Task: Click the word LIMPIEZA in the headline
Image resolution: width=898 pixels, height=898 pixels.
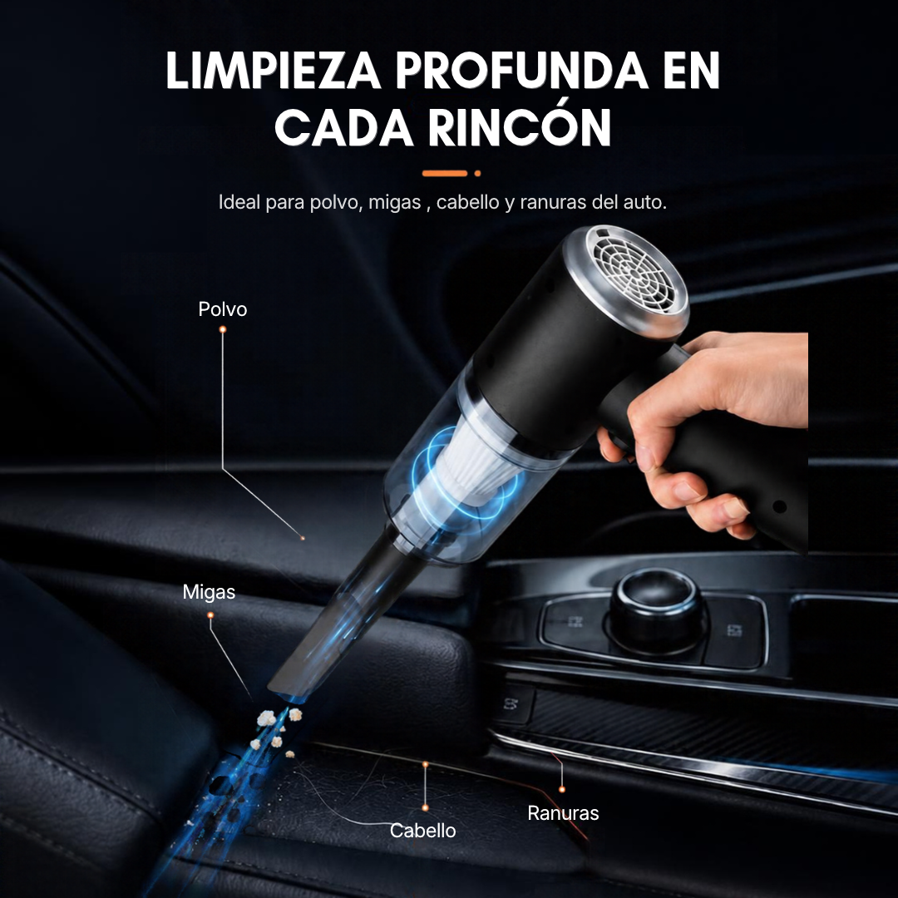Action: tap(274, 71)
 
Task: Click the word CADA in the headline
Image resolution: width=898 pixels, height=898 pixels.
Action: tap(343, 127)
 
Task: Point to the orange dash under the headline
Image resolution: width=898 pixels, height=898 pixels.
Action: tap(445, 173)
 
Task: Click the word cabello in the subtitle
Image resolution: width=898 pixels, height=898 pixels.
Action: tap(467, 202)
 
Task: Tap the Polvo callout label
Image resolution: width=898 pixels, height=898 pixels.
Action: tap(223, 309)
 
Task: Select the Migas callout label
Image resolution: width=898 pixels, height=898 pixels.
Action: tap(209, 592)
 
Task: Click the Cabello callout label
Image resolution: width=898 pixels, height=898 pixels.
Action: tap(422, 831)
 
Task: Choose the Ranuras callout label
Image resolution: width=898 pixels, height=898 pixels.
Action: tap(563, 813)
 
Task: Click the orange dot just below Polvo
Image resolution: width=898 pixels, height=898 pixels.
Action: tap(223, 329)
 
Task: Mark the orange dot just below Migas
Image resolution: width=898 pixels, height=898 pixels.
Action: tap(210, 615)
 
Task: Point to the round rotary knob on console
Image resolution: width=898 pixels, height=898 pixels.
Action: tap(657, 608)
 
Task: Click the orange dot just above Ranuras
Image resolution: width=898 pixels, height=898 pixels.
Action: tap(562, 789)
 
